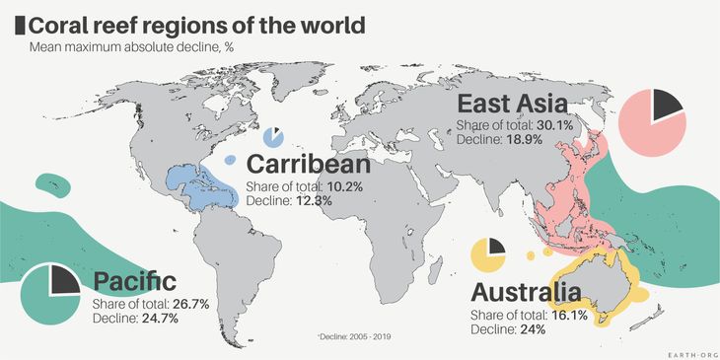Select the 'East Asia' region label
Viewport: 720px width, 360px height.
coord(510,105)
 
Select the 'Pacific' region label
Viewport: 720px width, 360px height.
coord(135,281)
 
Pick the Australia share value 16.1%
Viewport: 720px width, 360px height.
coord(571,315)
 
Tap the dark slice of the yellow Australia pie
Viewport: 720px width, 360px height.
coord(496,245)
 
